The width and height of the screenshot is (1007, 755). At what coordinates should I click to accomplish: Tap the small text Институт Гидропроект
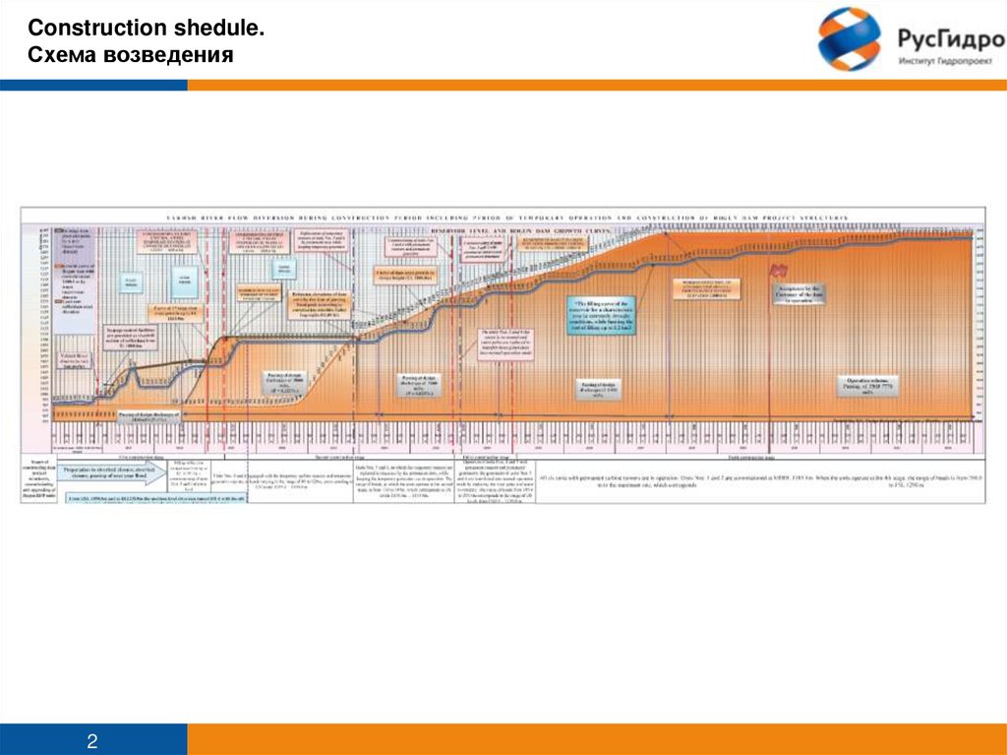tap(947, 62)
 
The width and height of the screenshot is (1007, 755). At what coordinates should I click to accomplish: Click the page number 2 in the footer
tap(92, 739)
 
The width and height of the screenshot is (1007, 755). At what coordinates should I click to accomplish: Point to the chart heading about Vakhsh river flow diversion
tap(502, 217)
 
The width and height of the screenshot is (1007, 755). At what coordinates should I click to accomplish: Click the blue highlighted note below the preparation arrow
tap(111, 498)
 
